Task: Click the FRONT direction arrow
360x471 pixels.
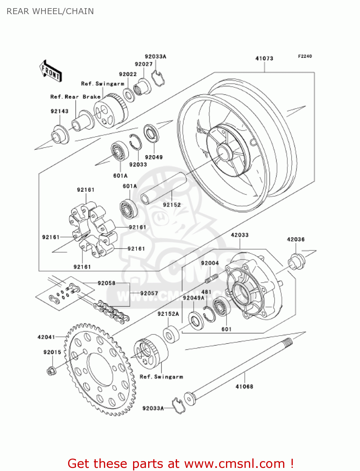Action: click(x=51, y=71)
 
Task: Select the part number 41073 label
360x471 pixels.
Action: click(x=264, y=58)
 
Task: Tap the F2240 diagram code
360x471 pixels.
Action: click(x=305, y=56)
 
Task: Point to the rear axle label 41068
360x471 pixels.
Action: click(x=244, y=387)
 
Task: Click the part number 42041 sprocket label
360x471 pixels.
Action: click(x=46, y=337)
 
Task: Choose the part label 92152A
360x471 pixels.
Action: click(x=168, y=314)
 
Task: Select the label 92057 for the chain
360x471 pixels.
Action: click(x=149, y=293)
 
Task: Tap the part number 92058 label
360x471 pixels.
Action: click(x=106, y=283)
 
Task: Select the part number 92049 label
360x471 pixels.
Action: click(x=154, y=157)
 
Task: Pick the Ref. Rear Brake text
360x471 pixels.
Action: click(x=75, y=97)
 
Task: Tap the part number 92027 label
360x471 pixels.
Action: click(x=143, y=64)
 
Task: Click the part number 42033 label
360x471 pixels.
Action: click(x=239, y=235)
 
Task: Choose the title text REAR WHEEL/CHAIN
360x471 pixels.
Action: click(x=50, y=11)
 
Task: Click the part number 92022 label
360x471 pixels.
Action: click(x=128, y=74)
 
